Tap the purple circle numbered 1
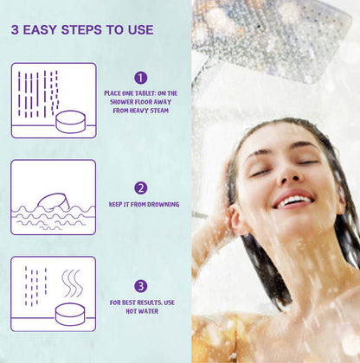coord(140,78)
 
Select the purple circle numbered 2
coord(140,188)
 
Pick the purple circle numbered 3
coord(140,286)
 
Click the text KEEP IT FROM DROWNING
coord(145,205)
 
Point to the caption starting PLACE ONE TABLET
coord(140,101)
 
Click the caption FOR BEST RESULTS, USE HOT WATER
coord(140,307)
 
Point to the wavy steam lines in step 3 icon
coord(72,281)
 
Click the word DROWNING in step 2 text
coord(163,205)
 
